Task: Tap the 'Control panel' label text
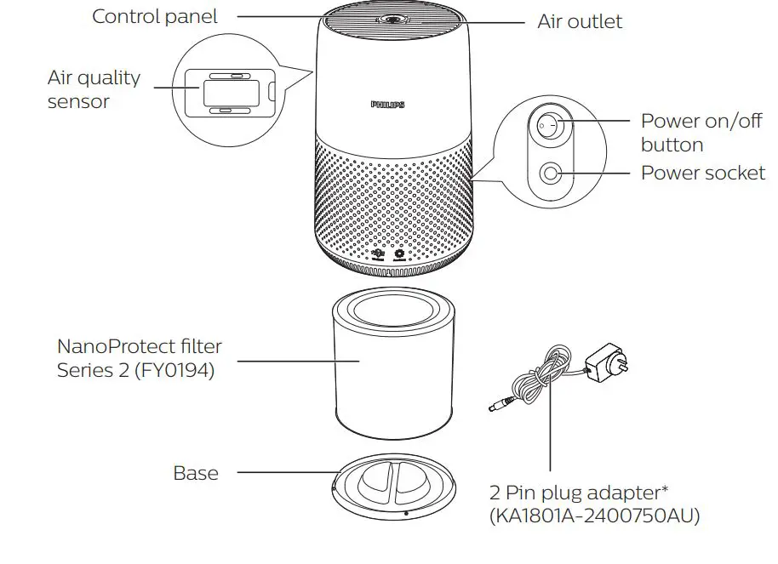click(154, 16)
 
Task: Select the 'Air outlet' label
click(580, 21)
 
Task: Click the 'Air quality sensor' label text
click(94, 89)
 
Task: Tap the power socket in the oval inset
click(550, 173)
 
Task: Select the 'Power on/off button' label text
click(701, 133)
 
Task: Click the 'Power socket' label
click(702, 173)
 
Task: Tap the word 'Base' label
click(196, 473)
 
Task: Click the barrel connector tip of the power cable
click(495, 407)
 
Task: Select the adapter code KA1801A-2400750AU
click(594, 516)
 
